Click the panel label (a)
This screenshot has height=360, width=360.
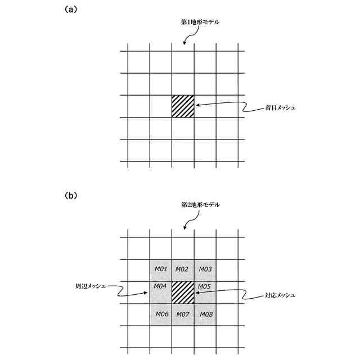(x=71, y=10)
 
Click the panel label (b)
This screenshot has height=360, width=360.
(x=71, y=196)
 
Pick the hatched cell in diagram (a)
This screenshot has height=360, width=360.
(x=183, y=106)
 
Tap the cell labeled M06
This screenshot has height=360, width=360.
(x=161, y=314)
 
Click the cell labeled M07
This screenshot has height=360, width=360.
(x=183, y=314)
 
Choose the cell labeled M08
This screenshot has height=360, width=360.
(x=205, y=314)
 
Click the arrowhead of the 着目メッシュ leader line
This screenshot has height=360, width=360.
(x=197, y=104)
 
